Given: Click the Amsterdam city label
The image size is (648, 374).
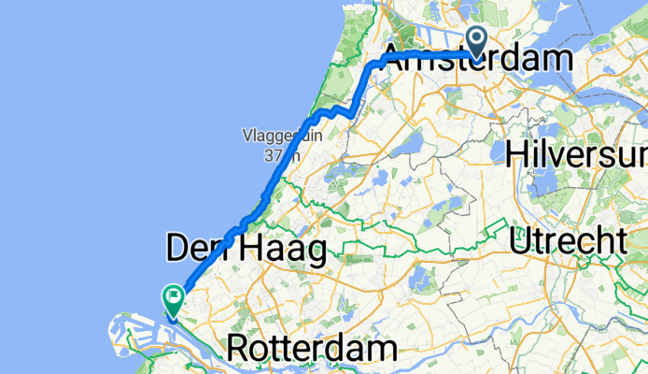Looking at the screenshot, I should [478, 60].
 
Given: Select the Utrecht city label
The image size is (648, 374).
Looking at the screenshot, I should [568, 242].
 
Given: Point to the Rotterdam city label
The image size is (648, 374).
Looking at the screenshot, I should [312, 350].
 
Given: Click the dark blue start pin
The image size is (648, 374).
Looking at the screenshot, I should [478, 41].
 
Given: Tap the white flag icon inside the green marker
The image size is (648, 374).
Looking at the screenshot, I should [174, 295].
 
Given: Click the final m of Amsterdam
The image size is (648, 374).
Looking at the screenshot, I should [556, 60].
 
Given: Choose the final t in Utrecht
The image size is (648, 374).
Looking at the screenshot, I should [618, 242].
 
